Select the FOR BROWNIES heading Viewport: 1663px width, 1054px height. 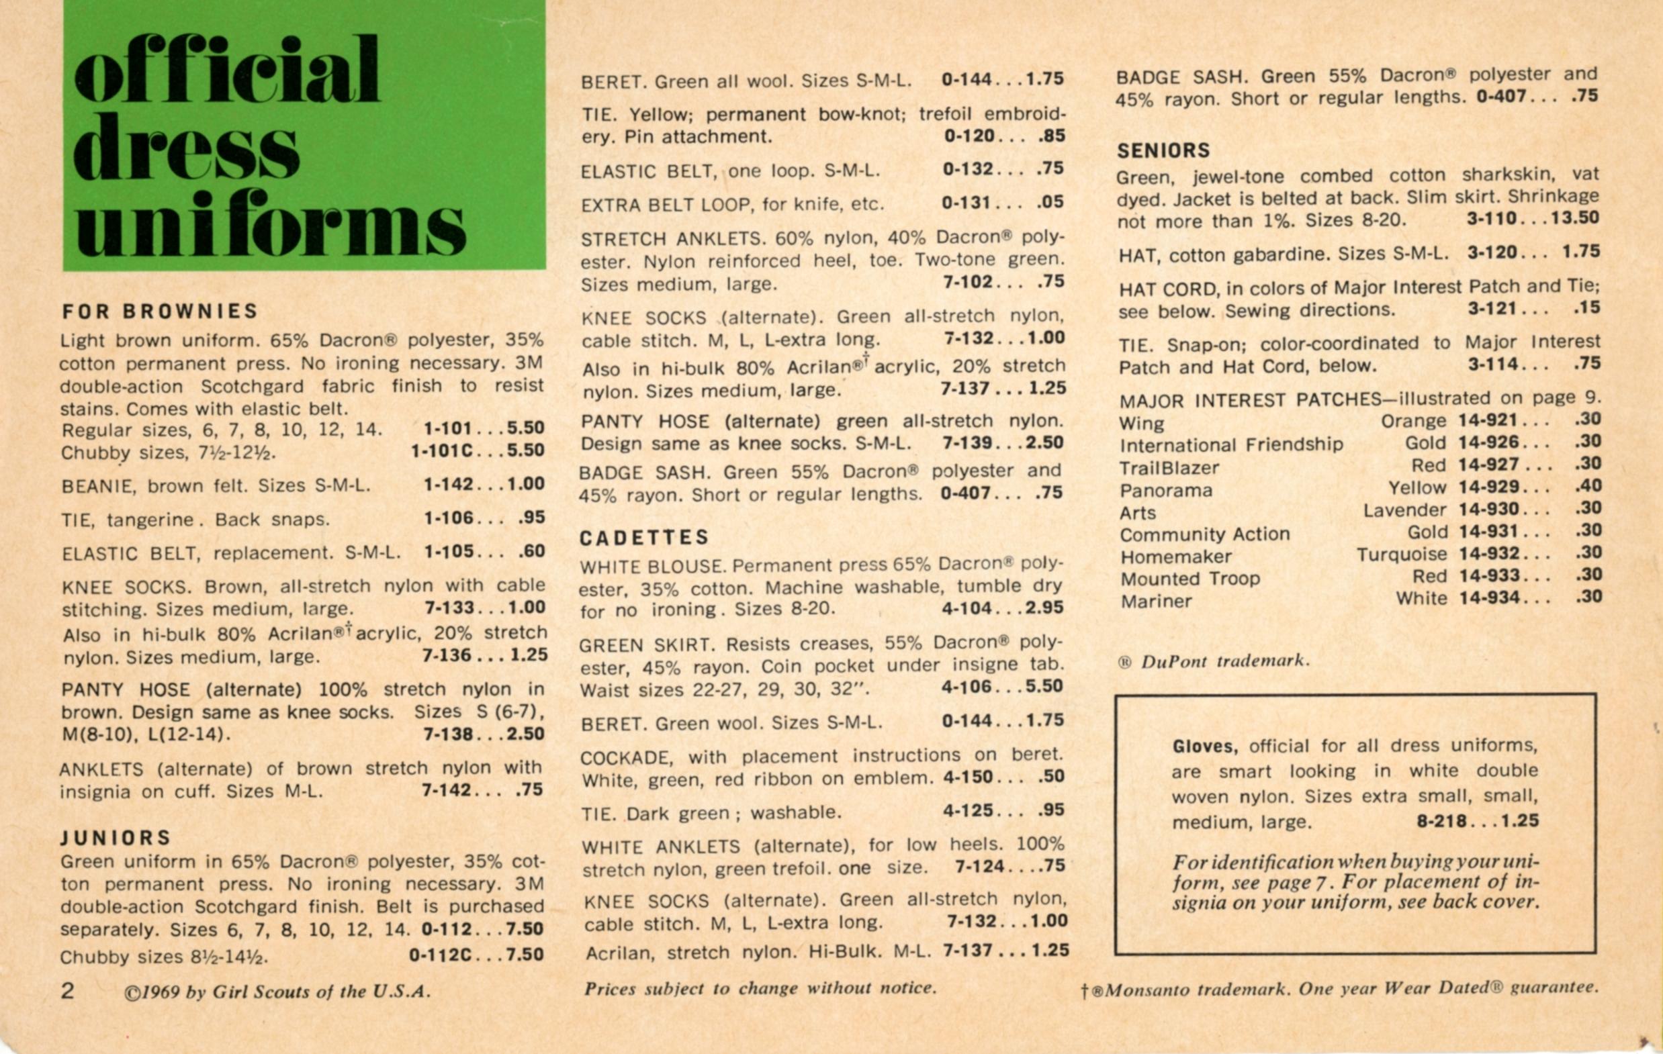pyautogui.click(x=160, y=312)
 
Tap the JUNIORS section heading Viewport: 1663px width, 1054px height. pyautogui.click(x=116, y=838)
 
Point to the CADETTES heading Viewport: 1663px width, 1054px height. pyautogui.click(x=644, y=538)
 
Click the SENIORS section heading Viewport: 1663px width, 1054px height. pyautogui.click(x=1164, y=150)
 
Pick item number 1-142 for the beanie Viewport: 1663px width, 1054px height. pyautogui.click(x=448, y=484)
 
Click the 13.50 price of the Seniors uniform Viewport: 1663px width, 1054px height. pyautogui.click(x=1574, y=218)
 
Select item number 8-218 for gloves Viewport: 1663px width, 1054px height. pyautogui.click(x=1442, y=820)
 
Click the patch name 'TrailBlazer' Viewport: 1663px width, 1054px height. pyautogui.click(x=1169, y=468)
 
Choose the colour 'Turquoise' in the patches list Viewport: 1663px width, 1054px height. pyautogui.click(x=1401, y=555)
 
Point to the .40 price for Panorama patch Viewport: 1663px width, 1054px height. pyautogui.click(x=1588, y=486)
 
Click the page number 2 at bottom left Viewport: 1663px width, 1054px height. pyautogui.click(x=67, y=991)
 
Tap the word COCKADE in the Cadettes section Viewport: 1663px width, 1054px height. pyautogui.click(x=629, y=758)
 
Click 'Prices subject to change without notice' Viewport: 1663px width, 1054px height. pyautogui.click(x=760, y=988)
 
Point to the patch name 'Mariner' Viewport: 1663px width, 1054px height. pyautogui.click(x=1155, y=602)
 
